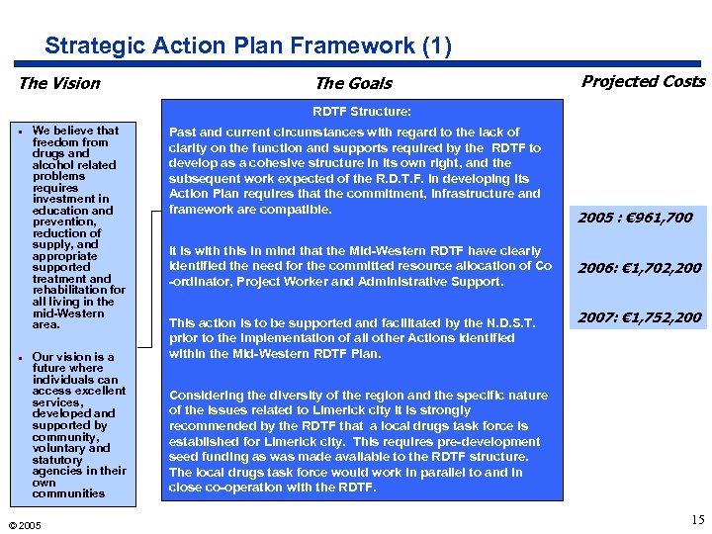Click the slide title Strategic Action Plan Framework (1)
click(248, 46)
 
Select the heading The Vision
click(59, 83)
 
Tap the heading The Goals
click(353, 84)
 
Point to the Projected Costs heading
click(643, 81)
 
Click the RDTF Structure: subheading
click(362, 112)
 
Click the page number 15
click(696, 520)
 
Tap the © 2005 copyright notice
click(24, 525)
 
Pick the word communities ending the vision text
click(68, 493)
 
